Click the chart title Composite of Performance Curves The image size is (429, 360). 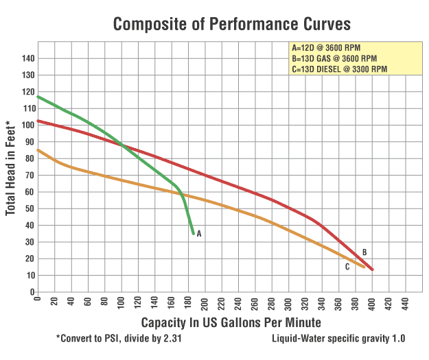tap(232, 24)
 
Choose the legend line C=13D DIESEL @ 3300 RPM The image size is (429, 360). tap(339, 69)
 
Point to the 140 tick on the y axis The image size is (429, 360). tap(27, 58)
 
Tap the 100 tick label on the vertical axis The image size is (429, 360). tap(27, 125)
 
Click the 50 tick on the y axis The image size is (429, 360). tap(29, 208)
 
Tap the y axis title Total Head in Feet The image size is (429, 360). tap(11, 168)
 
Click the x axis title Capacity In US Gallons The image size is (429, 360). tap(231, 322)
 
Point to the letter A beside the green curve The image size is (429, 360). tap(199, 234)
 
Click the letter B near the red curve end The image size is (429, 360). tap(364, 252)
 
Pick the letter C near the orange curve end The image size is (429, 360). tap(347, 267)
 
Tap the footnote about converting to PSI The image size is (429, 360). tap(120, 339)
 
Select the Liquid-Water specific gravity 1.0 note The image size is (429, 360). tap(338, 339)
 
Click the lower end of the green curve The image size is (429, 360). tap(194, 234)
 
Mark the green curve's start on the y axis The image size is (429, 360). tap(38, 96)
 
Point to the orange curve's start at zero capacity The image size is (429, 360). tap(38, 149)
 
